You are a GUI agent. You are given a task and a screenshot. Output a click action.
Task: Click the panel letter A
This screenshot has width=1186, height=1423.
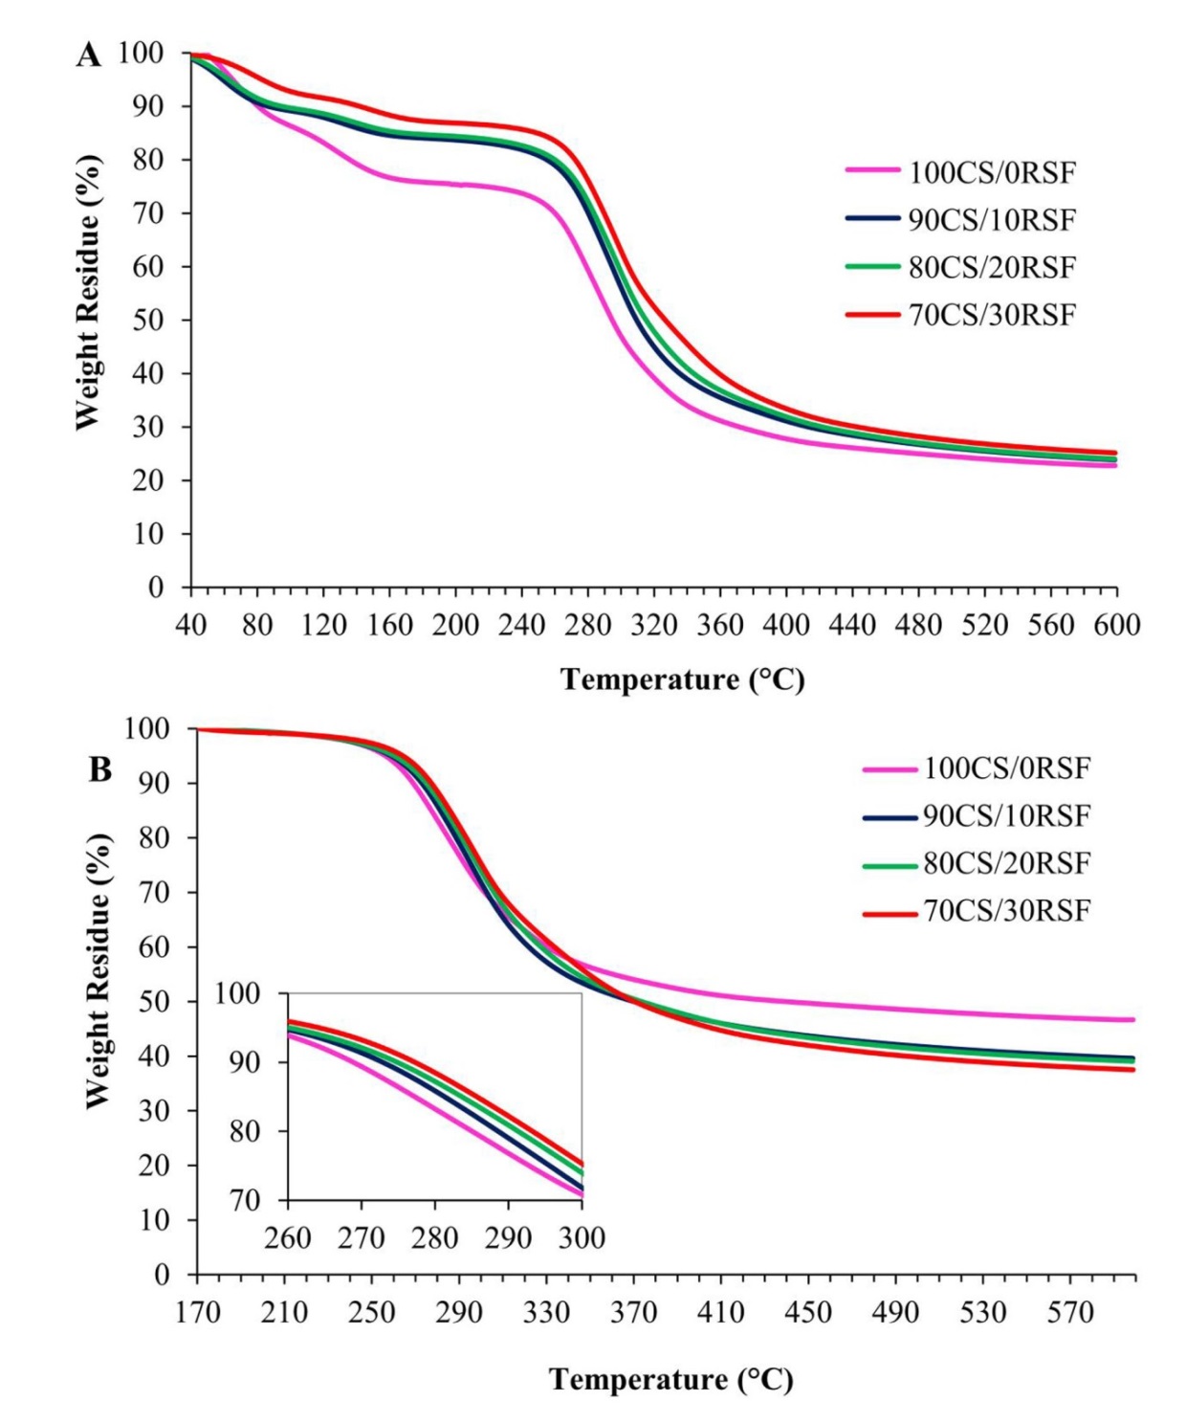88,56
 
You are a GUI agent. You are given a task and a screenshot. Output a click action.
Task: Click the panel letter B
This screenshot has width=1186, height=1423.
99,769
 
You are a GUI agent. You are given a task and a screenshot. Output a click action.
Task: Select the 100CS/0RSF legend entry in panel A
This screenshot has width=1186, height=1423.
991,173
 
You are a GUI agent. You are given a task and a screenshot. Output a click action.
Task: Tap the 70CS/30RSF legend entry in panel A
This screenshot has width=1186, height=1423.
991,315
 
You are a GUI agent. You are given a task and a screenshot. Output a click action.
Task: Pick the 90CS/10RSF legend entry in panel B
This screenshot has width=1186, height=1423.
1005,816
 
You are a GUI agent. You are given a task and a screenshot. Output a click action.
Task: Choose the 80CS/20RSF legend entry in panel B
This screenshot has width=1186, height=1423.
1005,863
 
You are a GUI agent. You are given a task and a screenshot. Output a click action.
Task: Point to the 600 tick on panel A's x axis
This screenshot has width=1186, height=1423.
1117,626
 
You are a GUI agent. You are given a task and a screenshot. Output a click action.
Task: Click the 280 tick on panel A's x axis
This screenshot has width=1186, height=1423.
587,626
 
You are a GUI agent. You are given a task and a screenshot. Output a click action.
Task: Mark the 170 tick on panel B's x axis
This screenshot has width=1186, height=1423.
197,1312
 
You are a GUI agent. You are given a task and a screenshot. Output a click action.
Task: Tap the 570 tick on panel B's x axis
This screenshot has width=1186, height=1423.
1070,1312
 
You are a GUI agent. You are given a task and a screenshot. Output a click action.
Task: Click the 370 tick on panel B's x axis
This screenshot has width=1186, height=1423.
633,1312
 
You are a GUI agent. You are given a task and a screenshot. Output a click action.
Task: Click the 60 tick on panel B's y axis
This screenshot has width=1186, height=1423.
156,946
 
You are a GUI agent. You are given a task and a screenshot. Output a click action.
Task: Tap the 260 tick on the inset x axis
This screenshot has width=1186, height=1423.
288,1238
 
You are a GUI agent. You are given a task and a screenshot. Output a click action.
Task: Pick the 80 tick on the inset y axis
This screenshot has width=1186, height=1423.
247,1131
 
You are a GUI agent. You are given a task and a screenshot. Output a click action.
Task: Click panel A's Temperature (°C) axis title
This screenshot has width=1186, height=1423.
682,679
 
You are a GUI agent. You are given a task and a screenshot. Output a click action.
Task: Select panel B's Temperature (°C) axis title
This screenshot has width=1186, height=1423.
670,1379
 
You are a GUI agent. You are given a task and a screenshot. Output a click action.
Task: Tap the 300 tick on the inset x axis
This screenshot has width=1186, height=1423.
582,1238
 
